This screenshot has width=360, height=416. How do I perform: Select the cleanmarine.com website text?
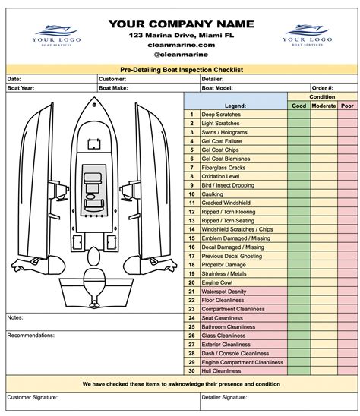[x=179, y=46]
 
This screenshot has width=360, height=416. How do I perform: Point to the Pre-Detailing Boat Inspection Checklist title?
[x=180, y=68]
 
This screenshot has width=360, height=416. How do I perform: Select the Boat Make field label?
[x=115, y=87]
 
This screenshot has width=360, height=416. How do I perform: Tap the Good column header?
[x=299, y=106]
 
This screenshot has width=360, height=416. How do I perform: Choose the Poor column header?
[x=348, y=106]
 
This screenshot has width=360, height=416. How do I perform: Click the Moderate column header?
[x=324, y=106]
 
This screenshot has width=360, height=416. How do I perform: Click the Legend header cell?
[x=235, y=106]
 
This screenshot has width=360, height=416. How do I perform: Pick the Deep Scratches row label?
[x=220, y=114]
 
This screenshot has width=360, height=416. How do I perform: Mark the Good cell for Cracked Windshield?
[x=299, y=203]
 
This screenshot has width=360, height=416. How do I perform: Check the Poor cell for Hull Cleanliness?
[x=348, y=370]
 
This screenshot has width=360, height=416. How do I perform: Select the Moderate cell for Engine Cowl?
[x=324, y=282]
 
